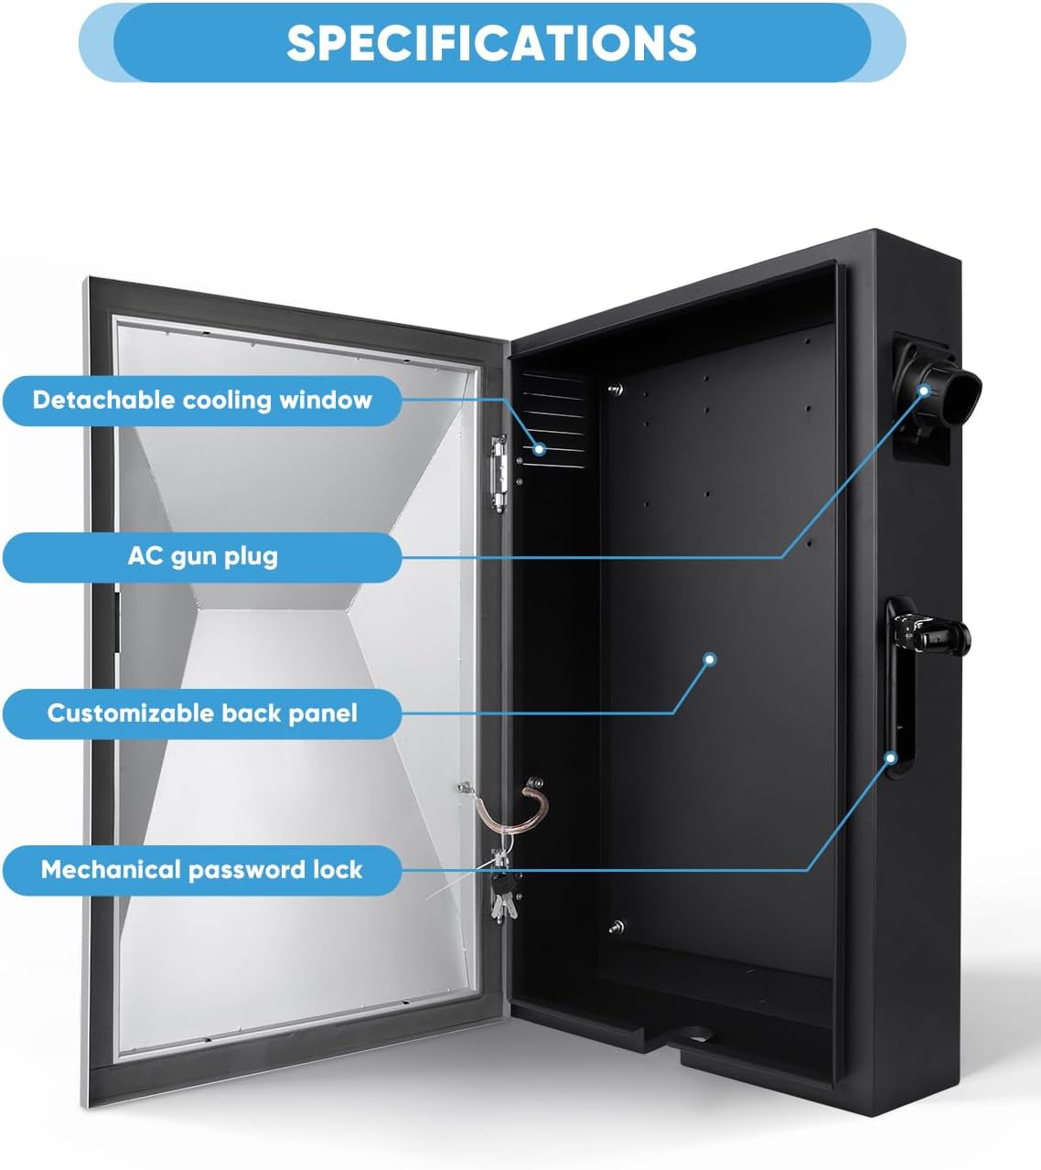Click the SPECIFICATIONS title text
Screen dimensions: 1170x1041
pyautogui.click(x=491, y=42)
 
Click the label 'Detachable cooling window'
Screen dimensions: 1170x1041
pyautogui.click(x=202, y=400)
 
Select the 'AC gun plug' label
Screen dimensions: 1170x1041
pyautogui.click(x=202, y=556)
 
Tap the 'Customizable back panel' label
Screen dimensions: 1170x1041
pyautogui.click(x=202, y=713)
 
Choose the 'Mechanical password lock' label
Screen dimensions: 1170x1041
pyautogui.click(x=202, y=869)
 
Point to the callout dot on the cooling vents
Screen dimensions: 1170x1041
pyautogui.click(x=540, y=448)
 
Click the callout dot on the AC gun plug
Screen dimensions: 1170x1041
pyautogui.click(x=924, y=391)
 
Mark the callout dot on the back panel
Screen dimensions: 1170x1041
pyautogui.click(x=709, y=659)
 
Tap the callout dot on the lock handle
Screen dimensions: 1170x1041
pyautogui.click(x=890, y=757)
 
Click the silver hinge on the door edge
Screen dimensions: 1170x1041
pyautogui.click(x=499, y=472)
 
